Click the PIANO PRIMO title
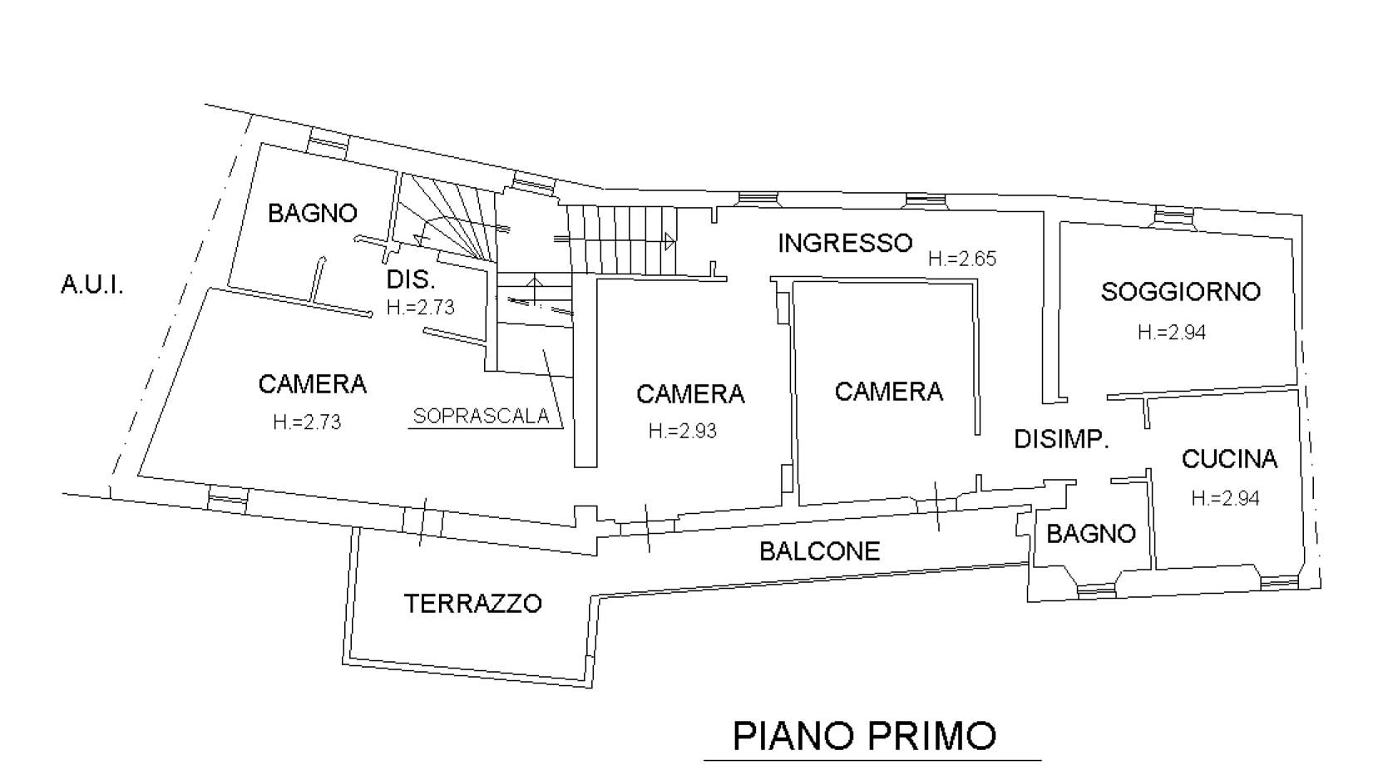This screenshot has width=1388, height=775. click(864, 736)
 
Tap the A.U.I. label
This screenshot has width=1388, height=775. click(92, 285)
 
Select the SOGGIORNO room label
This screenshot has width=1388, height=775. click(1180, 292)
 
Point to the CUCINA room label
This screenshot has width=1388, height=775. click(1229, 459)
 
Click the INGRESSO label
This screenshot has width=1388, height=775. click(845, 243)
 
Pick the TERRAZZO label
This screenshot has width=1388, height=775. click(473, 604)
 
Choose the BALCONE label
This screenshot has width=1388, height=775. click(820, 551)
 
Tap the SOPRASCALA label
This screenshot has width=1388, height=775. click(481, 416)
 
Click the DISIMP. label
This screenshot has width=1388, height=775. click(1061, 439)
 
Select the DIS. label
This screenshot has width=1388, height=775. click(411, 280)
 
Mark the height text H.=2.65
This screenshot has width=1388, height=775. click(962, 259)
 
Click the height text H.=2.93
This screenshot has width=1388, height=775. click(682, 431)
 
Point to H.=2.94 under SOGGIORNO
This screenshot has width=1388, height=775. click(1172, 333)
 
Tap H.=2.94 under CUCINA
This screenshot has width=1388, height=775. click(1225, 498)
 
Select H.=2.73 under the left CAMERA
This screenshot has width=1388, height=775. click(308, 422)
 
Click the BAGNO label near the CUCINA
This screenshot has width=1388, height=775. click(1091, 533)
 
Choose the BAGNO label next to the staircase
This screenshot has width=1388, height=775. click(313, 213)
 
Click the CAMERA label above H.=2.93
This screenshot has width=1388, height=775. click(690, 394)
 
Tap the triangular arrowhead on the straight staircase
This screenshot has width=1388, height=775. click(669, 241)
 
